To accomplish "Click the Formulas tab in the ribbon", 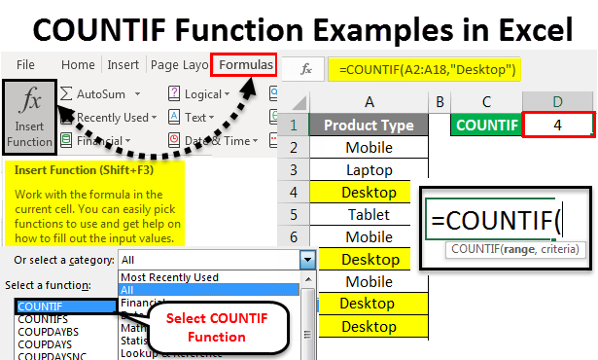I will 246,65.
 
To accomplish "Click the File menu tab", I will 26,65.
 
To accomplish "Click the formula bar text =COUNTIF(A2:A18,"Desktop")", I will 422,69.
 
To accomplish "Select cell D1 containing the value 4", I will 557,125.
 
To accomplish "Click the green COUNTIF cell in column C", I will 485,125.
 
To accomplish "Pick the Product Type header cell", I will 369,125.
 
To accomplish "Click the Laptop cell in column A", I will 369,169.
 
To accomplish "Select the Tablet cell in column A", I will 369,214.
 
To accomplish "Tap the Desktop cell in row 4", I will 369,192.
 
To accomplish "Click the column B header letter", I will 440,101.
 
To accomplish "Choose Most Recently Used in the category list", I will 170,277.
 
